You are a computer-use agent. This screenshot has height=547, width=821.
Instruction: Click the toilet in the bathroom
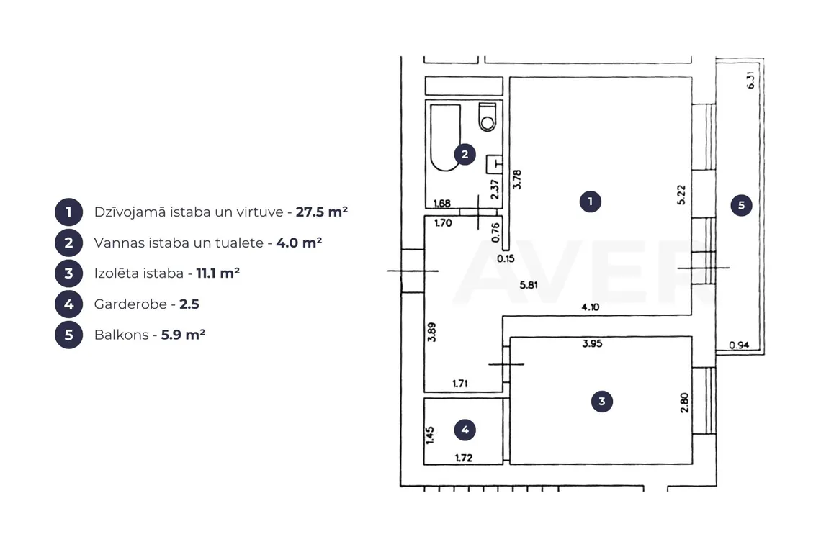(x=487, y=117)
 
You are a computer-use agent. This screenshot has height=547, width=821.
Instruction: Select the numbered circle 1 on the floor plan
(x=590, y=202)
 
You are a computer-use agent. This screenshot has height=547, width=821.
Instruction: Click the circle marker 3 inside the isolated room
(x=601, y=402)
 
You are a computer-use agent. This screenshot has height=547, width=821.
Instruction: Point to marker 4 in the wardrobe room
(x=465, y=430)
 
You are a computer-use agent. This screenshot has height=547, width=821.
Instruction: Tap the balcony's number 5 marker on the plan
(x=741, y=205)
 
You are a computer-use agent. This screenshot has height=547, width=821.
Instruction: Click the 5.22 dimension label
(x=681, y=195)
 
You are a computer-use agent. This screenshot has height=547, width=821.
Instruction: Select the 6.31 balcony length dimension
(x=750, y=80)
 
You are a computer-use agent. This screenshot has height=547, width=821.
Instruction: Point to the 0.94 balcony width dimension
(x=739, y=345)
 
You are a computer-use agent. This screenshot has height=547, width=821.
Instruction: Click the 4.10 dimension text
(x=590, y=307)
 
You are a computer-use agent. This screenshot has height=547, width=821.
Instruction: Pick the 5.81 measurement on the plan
(x=529, y=285)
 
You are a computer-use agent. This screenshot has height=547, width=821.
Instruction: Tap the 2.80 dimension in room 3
(x=684, y=402)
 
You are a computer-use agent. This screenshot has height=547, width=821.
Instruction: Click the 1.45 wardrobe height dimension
(x=430, y=435)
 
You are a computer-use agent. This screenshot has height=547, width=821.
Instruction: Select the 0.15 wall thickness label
(x=506, y=258)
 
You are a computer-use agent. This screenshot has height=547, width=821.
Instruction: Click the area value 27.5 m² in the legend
(x=321, y=212)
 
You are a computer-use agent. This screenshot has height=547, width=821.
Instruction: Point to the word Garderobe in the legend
(x=130, y=304)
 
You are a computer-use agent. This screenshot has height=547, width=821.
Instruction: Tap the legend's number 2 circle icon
(x=68, y=243)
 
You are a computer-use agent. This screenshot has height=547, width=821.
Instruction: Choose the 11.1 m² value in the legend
(x=217, y=273)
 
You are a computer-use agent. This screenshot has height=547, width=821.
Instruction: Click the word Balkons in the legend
(x=122, y=335)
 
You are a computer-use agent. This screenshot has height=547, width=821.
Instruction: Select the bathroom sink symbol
(x=495, y=164)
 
